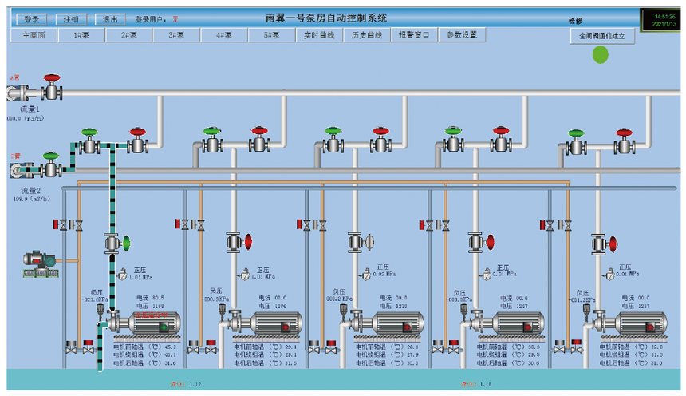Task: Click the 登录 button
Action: [31, 18]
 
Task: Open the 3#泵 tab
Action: [175, 35]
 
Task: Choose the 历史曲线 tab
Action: [367, 35]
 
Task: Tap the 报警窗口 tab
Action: [414, 35]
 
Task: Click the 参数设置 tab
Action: [461, 35]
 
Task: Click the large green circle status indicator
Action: [600, 54]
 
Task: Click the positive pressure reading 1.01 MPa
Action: [140, 278]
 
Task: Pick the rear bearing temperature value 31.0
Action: [656, 362]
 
